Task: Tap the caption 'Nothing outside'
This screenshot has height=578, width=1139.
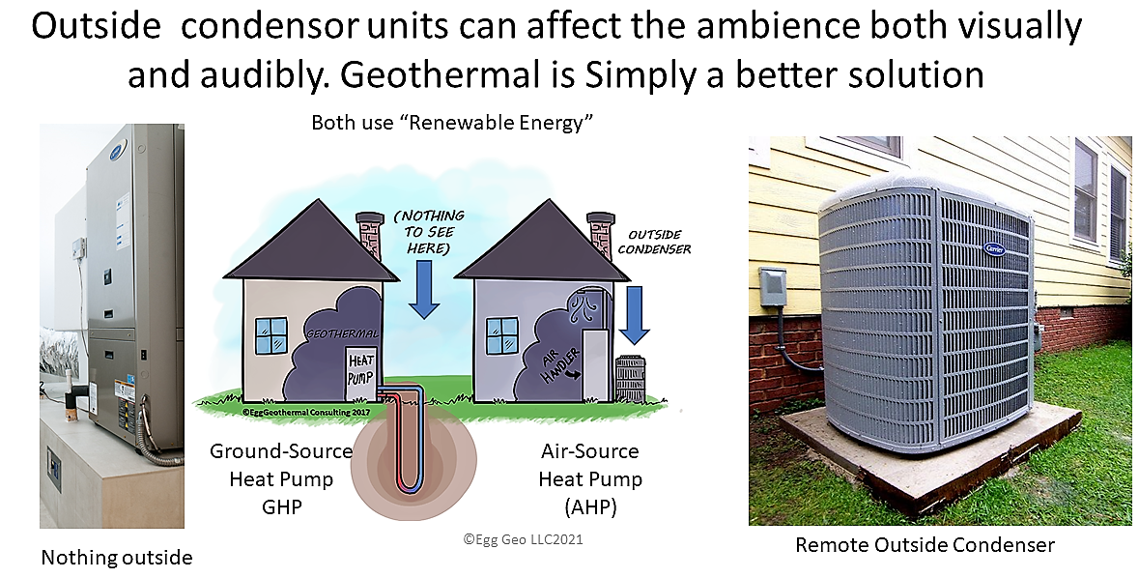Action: (x=117, y=557)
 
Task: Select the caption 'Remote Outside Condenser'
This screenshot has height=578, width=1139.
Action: (x=925, y=545)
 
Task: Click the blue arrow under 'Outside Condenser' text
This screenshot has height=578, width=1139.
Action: (x=635, y=314)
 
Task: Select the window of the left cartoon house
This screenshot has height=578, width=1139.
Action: (x=271, y=335)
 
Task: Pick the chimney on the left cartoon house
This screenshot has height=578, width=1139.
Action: (x=370, y=233)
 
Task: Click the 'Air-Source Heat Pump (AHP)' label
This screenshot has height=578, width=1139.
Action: (x=588, y=478)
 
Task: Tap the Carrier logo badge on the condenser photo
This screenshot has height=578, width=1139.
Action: (x=994, y=248)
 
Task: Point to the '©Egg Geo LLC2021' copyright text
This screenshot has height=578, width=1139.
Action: (x=523, y=539)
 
